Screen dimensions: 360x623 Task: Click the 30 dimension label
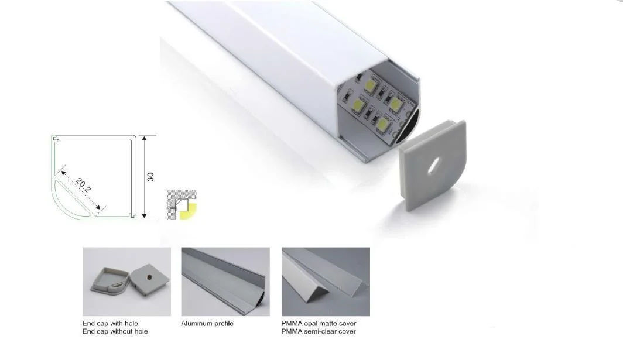[x=150, y=177]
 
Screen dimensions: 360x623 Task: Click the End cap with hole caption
[x=111, y=324]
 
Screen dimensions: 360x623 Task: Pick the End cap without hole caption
[x=115, y=332]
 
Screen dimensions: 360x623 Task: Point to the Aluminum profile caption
[x=207, y=324]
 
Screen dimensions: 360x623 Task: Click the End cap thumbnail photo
[x=126, y=282]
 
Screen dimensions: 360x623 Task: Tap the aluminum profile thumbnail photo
[x=225, y=282]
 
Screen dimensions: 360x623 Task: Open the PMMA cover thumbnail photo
[x=326, y=282]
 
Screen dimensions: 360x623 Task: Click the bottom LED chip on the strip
[x=382, y=123]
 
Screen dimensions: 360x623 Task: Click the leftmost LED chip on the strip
[x=356, y=105]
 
